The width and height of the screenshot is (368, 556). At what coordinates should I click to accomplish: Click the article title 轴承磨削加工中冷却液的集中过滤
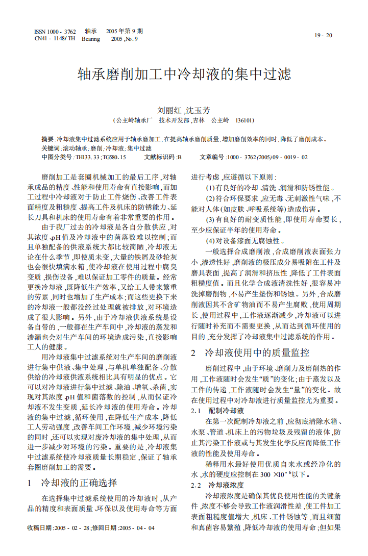(184, 74)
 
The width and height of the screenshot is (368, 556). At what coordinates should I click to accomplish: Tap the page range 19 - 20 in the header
(323, 36)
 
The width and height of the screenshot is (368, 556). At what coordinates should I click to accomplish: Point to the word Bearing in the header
(91, 39)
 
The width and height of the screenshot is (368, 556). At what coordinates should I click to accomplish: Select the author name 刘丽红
(167, 110)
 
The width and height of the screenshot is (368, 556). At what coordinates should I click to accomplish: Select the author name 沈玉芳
(199, 110)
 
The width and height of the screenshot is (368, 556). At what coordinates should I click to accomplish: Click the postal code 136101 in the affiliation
(244, 120)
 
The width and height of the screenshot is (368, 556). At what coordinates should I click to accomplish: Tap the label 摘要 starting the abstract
(47, 139)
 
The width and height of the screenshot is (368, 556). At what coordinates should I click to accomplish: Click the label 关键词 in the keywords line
(51, 148)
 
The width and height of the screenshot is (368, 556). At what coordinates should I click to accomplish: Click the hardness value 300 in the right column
(266, 475)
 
